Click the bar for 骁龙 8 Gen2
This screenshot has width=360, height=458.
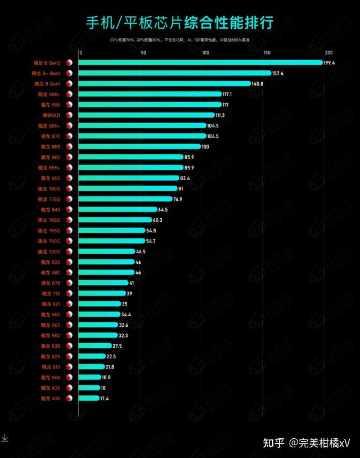[x=200, y=62]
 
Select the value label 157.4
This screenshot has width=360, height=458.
[x=278, y=73]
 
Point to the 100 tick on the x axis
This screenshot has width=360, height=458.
[x=205, y=53]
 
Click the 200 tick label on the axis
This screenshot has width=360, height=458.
[x=329, y=53]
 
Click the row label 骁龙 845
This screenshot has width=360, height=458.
[x=50, y=209]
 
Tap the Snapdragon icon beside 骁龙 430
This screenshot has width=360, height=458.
[x=70, y=398]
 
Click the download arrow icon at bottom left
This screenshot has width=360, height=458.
[x=4, y=437]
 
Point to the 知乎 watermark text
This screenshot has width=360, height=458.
[x=275, y=443]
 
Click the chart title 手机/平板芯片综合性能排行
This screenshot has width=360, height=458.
[x=179, y=23]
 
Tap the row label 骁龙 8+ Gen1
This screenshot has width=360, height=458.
[x=46, y=73]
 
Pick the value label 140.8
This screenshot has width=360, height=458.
[x=257, y=84]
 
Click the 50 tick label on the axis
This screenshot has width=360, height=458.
[x=143, y=53]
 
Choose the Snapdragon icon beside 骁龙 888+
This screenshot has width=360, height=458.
[x=70, y=94]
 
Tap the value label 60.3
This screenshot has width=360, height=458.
[x=159, y=220]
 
